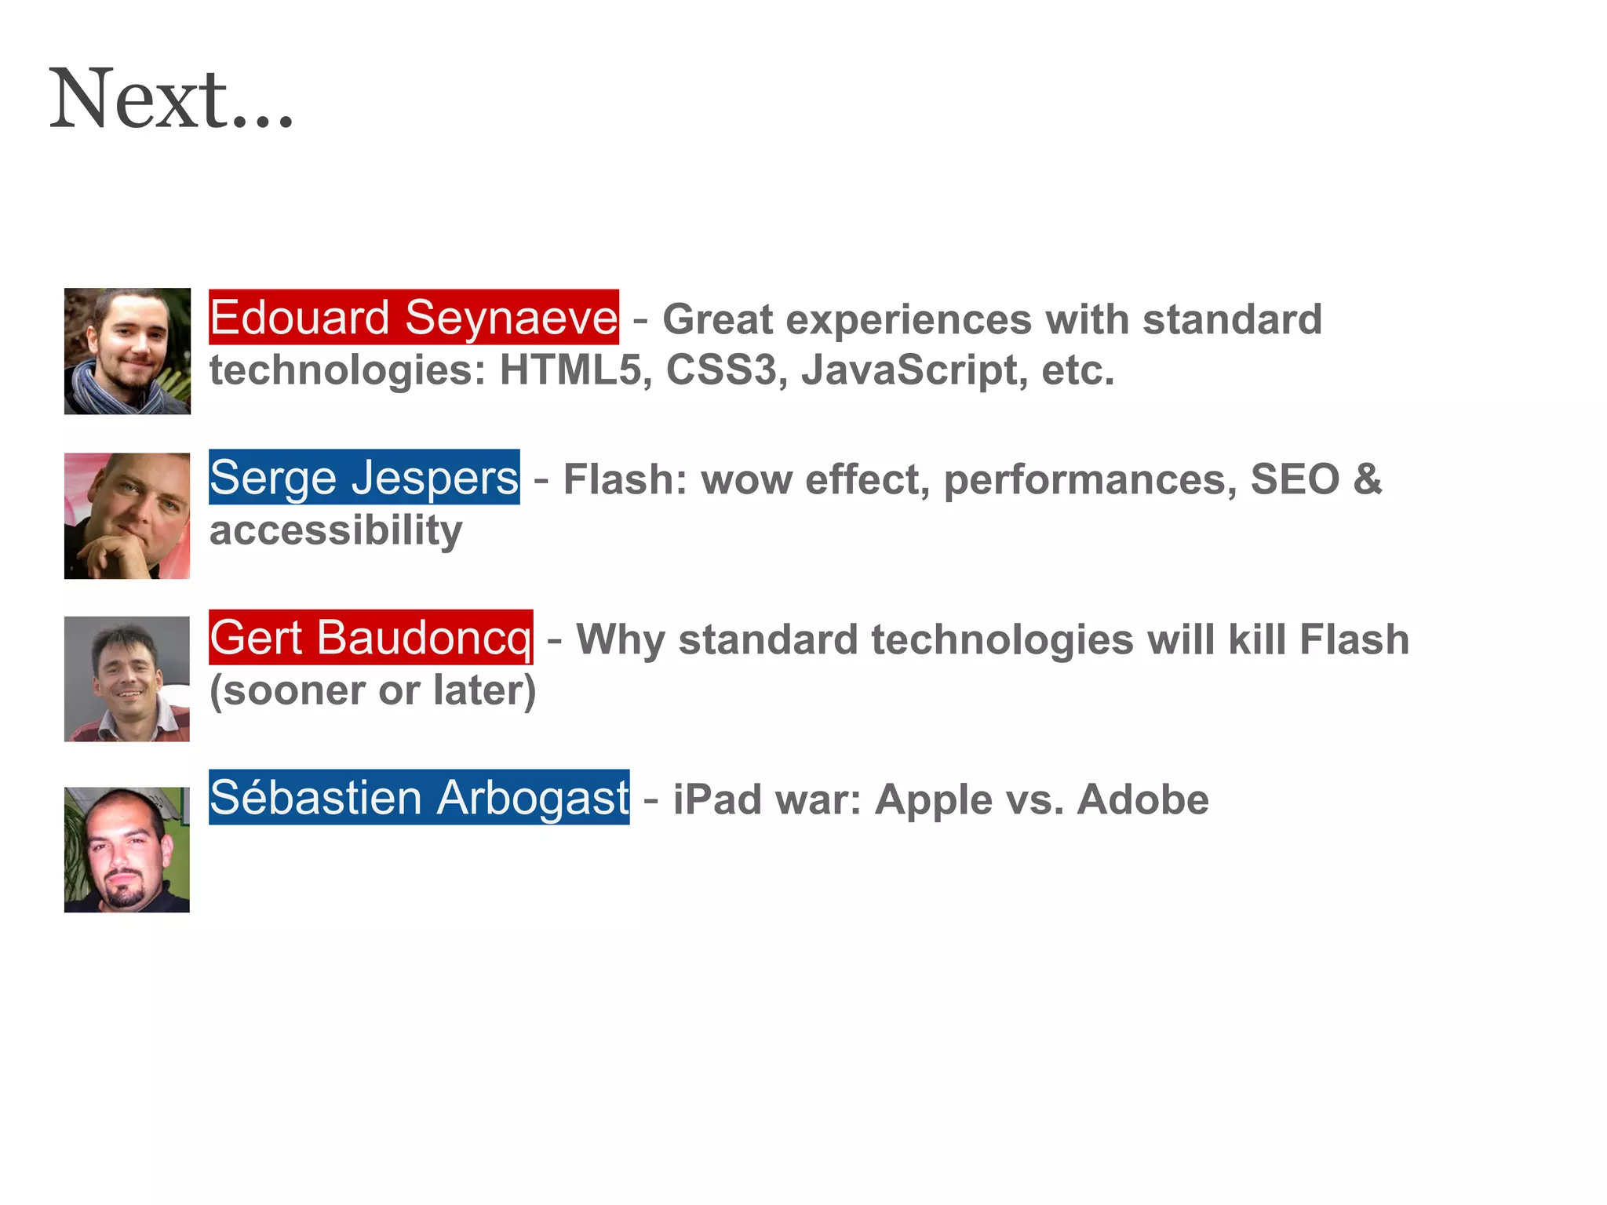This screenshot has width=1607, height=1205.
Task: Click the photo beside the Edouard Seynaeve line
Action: [127, 351]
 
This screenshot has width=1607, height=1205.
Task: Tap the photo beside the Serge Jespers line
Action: [127, 515]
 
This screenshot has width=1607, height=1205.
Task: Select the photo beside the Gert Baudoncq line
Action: [127, 679]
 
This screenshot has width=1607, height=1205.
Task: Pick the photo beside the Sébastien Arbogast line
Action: [127, 850]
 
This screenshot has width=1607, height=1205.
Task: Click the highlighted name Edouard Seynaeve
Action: [414, 318]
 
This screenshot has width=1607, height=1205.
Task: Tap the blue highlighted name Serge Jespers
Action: [364, 478]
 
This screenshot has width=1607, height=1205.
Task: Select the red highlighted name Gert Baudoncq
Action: [370, 638]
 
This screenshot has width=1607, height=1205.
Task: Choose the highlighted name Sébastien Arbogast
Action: [419, 798]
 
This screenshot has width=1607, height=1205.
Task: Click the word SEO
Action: [1295, 479]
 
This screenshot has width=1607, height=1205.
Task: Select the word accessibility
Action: [336, 531]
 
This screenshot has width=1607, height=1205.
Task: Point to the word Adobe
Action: [1142, 800]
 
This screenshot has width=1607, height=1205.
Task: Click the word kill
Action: [1257, 639]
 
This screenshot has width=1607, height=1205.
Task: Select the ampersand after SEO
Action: [1367, 479]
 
